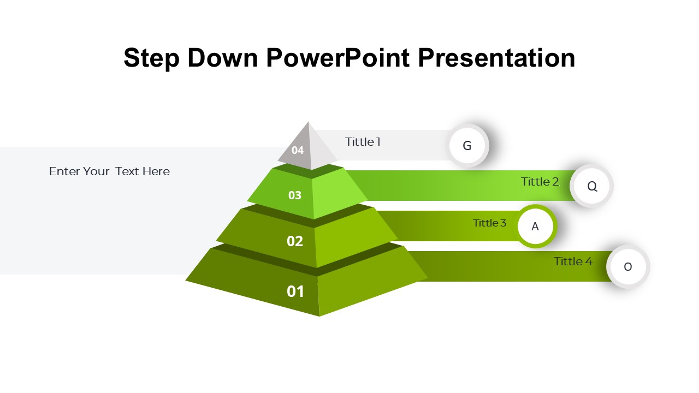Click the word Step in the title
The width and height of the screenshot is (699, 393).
[x=151, y=58]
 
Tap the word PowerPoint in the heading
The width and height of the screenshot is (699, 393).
[x=337, y=58]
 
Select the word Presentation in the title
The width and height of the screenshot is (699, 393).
[x=496, y=58]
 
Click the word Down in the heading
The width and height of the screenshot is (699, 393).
[x=222, y=58]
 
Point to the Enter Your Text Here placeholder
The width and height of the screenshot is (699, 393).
[x=110, y=171]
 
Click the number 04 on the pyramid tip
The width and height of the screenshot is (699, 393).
[x=298, y=150]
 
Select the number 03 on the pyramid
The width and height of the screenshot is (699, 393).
[x=294, y=195]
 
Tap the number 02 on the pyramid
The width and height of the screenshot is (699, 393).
[x=294, y=241]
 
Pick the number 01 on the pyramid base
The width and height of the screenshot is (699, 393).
[x=295, y=291]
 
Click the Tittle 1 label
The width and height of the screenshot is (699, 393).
[x=363, y=142]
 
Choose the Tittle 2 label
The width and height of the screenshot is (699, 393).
[x=540, y=182]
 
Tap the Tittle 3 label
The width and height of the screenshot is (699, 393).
[x=489, y=223]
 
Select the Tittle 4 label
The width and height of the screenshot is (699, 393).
[x=573, y=261]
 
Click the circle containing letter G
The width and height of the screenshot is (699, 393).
[x=467, y=145]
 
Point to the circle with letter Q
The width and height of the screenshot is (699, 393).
[x=591, y=186]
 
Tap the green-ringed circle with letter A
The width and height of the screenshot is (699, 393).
[x=535, y=226]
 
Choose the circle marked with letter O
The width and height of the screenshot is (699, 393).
[x=628, y=267]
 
